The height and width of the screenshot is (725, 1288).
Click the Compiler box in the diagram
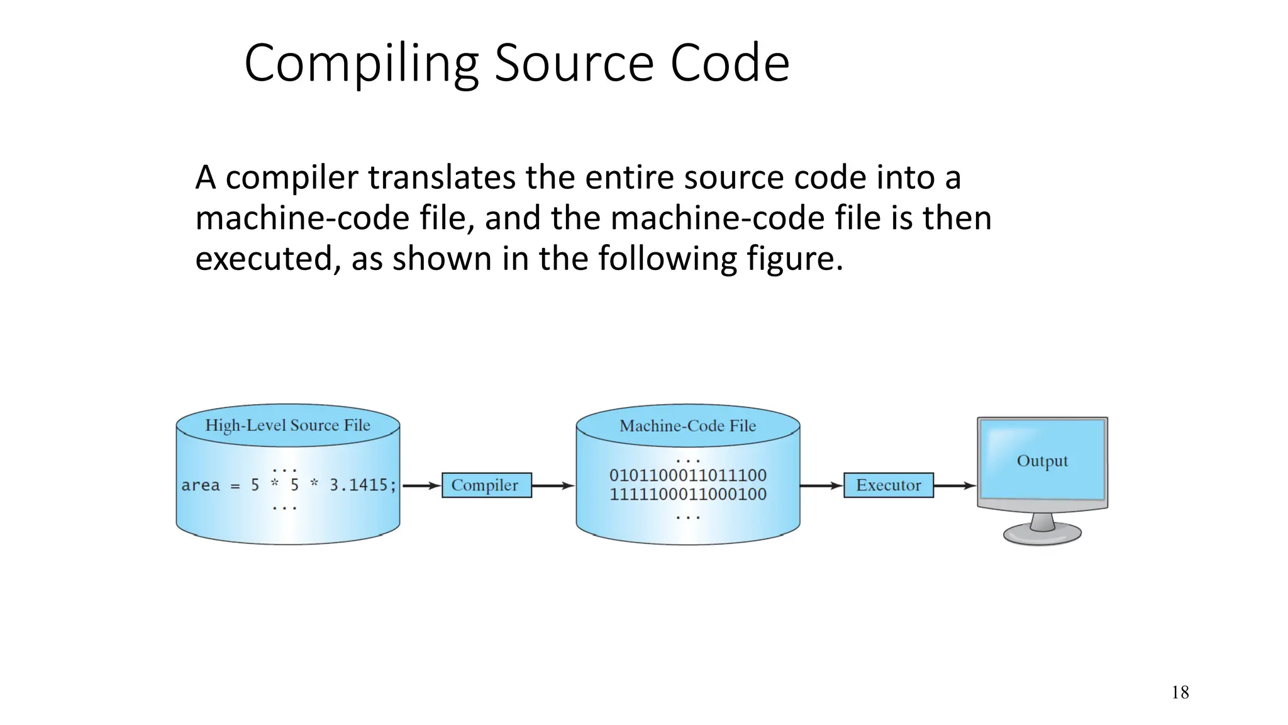click(x=486, y=485)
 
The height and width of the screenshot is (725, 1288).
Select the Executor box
click(x=888, y=485)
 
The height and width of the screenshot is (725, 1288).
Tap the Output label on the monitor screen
click(x=1042, y=461)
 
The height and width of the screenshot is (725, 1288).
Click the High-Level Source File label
click(x=287, y=425)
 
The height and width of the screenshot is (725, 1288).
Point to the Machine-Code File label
click(x=687, y=426)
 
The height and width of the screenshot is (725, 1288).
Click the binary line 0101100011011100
click(x=687, y=475)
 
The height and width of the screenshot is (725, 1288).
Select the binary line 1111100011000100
click(x=687, y=494)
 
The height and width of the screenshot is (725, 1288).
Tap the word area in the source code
click(x=201, y=485)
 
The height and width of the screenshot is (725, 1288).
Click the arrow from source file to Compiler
click(x=421, y=485)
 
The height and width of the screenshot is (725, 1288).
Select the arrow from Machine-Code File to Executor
click(x=821, y=485)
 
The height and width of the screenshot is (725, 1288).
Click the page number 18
click(x=1180, y=693)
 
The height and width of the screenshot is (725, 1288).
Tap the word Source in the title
click(x=574, y=63)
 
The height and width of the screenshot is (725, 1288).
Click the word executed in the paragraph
click(x=263, y=259)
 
